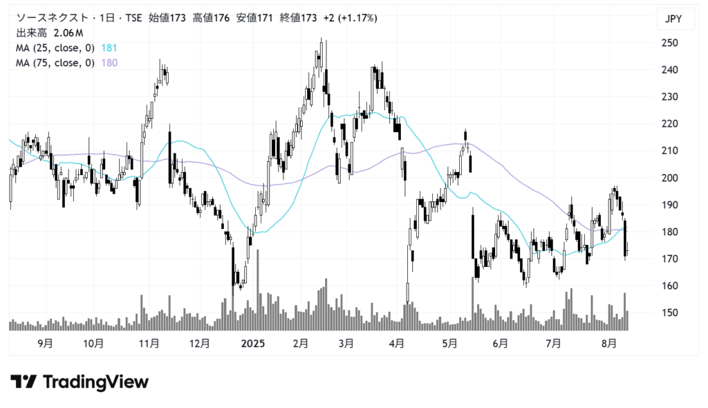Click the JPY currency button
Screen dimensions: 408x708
[x=673, y=19]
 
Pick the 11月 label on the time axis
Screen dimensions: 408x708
[x=149, y=343]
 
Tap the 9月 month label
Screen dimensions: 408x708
[x=45, y=343]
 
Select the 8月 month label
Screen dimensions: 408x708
[x=608, y=343]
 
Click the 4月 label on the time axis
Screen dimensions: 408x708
[x=397, y=343]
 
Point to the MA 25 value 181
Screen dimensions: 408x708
[x=109, y=48]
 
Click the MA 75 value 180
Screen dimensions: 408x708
[x=109, y=63]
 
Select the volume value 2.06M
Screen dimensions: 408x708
[x=68, y=33]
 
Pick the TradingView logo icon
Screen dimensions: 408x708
[x=24, y=382]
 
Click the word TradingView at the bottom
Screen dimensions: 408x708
[x=95, y=382]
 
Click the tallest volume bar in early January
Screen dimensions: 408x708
[x=258, y=290]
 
